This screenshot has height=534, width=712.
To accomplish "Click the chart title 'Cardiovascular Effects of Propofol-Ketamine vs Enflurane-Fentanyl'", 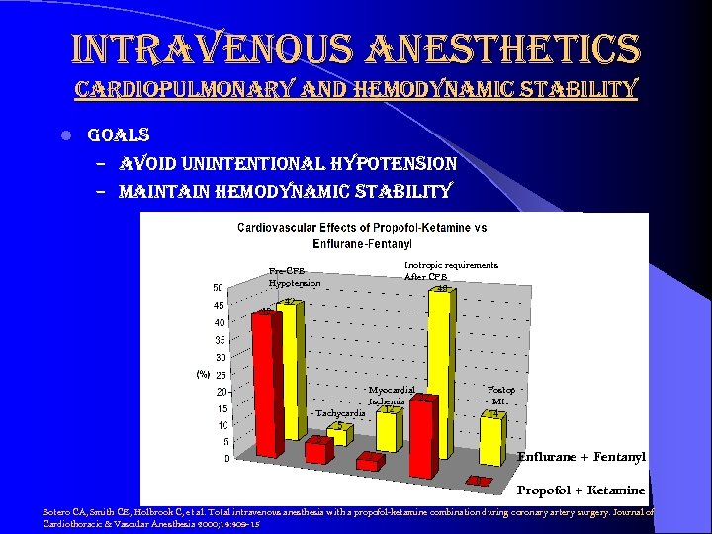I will (x=361, y=234).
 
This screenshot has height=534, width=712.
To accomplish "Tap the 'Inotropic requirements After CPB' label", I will (x=451, y=270).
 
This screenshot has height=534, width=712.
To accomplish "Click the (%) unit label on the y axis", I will (x=203, y=374).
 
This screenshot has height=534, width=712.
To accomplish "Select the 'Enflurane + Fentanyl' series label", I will (x=580, y=457).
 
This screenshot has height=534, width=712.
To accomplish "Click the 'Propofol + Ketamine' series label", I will (x=580, y=490).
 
